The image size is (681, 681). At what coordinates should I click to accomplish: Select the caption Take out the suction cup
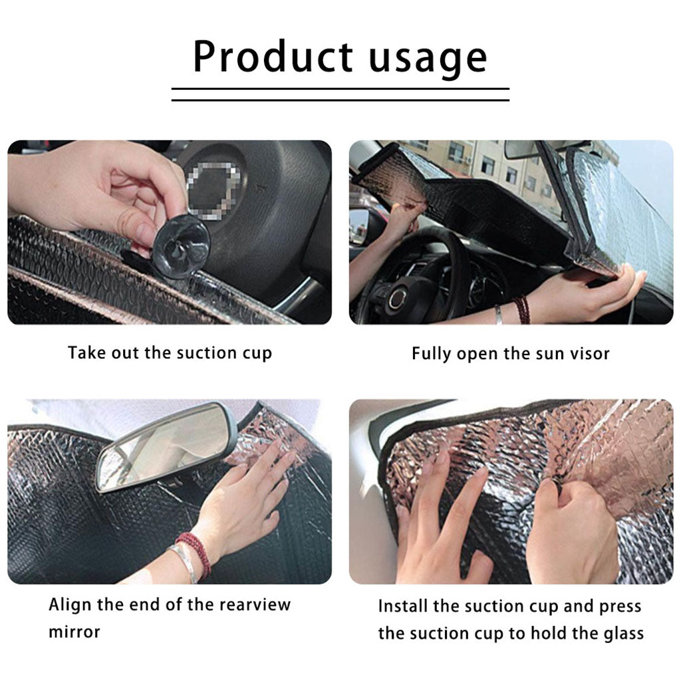click(170, 352)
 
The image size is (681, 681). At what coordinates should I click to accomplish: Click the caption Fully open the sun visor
click(510, 353)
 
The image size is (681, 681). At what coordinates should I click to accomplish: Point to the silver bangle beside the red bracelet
click(183, 563)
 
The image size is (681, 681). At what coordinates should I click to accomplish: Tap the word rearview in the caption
click(256, 605)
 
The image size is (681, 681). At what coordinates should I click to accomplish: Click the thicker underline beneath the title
click(340, 88)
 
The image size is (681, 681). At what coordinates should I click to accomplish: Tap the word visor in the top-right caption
click(589, 353)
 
